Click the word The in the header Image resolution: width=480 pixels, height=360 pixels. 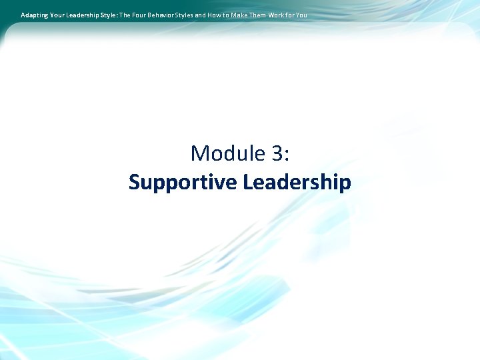[125, 14]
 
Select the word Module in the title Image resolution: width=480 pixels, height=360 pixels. [228, 153]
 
